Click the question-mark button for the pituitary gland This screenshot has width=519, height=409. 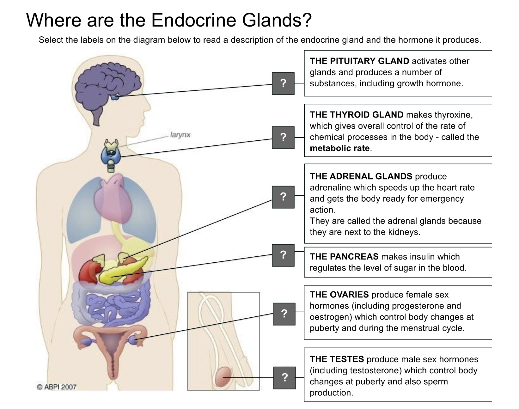pos(283,83)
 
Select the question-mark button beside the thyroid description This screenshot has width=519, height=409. pos(283,137)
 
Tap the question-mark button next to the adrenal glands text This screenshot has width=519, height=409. pos(283,197)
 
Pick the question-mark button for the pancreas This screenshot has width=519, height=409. pos(283,255)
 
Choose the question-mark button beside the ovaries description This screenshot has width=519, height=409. pos(284,314)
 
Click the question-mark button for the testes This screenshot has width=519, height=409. pos(284,378)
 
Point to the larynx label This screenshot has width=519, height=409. pos(180,135)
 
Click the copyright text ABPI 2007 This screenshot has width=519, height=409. pos(57,387)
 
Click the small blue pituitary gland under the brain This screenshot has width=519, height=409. pos(115,97)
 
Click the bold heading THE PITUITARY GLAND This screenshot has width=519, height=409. pos(359,61)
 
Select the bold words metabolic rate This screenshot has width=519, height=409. pos(339,148)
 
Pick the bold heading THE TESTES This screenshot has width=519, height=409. pos(337,359)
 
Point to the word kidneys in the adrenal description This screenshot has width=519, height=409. pos(405,232)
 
